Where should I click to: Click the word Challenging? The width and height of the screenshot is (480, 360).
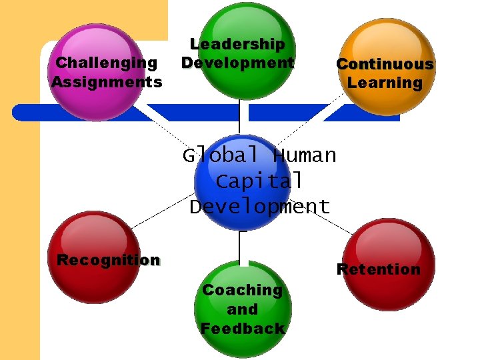tap(107, 63)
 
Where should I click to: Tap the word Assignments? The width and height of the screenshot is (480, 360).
tap(107, 82)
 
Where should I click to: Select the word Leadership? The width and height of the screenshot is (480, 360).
tap(237, 44)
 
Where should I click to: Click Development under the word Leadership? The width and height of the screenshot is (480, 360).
tap(237, 63)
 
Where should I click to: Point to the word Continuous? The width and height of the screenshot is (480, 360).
tap(385, 64)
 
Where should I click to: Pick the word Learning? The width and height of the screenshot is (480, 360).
tap(385, 83)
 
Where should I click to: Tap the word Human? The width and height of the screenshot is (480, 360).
tap(305, 155)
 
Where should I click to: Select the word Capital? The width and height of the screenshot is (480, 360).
tap(259, 181)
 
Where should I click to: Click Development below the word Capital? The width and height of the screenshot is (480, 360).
tap(259, 207)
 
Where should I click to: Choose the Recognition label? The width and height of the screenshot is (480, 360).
tap(109, 260)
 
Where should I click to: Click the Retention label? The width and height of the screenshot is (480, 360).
tap(378, 269)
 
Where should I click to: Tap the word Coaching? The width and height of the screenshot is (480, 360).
tap(242, 290)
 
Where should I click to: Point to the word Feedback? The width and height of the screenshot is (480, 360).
tap(242, 329)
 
